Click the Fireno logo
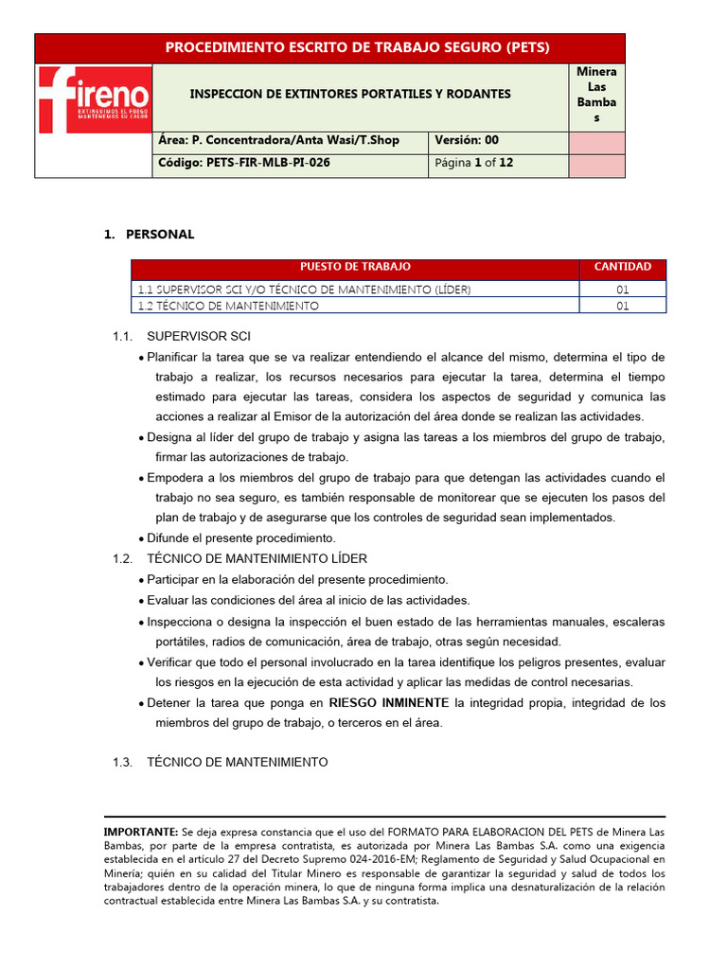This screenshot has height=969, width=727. [x=94, y=98]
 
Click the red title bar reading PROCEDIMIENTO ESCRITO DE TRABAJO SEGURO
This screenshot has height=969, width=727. [x=329, y=48]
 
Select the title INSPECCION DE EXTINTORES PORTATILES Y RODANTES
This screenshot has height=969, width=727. [x=350, y=95]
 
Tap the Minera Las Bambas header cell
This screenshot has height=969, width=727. [x=596, y=97]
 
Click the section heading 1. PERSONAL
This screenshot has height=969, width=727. [x=149, y=234]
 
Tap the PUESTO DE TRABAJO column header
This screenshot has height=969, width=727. [x=355, y=268]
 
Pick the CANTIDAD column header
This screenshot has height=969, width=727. [x=622, y=268]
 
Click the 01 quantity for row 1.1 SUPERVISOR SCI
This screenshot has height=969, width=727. [x=622, y=290]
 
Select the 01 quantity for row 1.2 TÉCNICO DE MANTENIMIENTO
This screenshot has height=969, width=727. [x=622, y=306]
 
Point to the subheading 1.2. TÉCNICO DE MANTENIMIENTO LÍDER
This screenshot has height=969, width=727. [x=239, y=559]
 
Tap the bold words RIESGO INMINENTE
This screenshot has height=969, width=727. [x=389, y=703]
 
